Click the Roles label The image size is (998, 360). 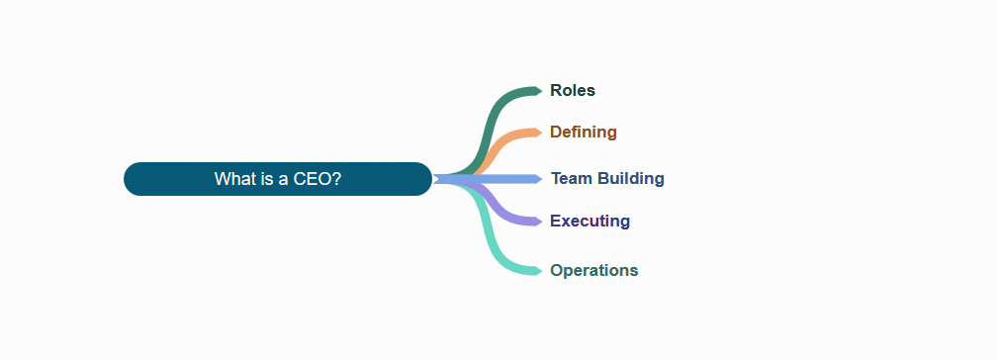tap(573, 90)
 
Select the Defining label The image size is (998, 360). tap(583, 132)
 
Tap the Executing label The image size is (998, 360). tap(590, 221)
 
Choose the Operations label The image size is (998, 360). tap(593, 270)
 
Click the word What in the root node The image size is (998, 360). tap(234, 179)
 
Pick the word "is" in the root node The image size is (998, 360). tap(269, 179)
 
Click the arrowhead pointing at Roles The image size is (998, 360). tap(538, 91)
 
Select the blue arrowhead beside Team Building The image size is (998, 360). tap(538, 179)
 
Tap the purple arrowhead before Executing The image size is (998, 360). tap(538, 221)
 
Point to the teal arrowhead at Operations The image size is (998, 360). tap(538, 270)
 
